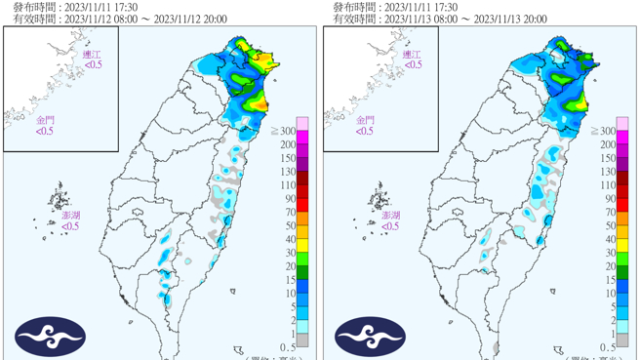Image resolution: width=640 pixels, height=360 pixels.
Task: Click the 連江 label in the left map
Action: (93, 55)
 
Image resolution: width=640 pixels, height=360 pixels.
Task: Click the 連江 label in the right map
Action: (414, 55)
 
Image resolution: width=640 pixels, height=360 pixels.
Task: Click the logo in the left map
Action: (50, 337)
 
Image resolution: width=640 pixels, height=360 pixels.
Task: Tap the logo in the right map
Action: (370, 337)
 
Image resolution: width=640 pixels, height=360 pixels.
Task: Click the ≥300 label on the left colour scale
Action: (285, 130)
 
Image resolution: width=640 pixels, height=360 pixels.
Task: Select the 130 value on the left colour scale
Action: (289, 171)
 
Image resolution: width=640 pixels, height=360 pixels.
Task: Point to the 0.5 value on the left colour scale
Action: (289, 347)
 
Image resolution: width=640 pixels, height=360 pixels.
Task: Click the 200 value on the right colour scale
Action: (608, 143)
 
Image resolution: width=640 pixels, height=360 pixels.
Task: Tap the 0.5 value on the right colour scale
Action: (609, 347)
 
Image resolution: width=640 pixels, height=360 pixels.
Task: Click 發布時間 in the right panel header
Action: (351, 7)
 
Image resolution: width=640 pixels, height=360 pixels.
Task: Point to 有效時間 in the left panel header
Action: (31, 20)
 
